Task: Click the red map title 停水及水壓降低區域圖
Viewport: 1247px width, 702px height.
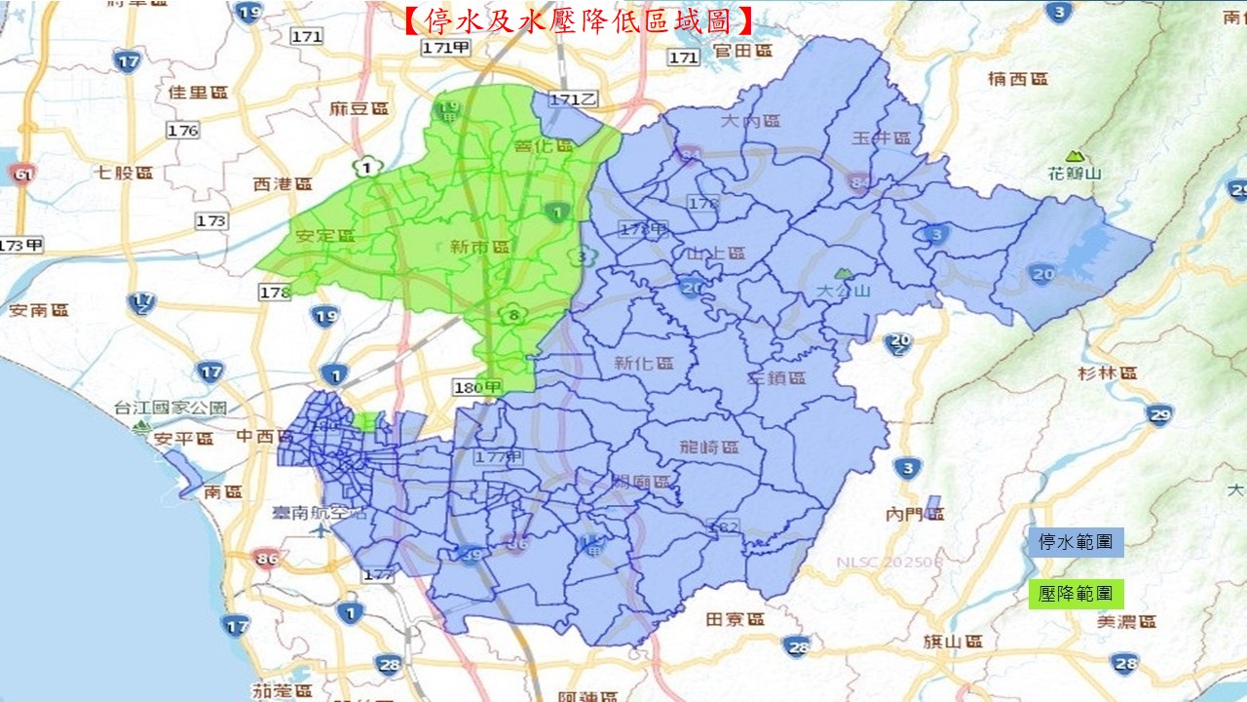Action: [x=579, y=19]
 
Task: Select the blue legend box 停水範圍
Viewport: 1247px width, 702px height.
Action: [x=1076, y=542]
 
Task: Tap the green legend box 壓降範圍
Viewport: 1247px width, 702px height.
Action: [x=1076, y=594]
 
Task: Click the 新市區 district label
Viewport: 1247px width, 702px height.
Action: [x=479, y=248]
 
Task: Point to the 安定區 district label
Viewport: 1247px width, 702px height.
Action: [x=325, y=236]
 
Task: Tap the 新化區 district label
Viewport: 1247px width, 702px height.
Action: [x=644, y=363]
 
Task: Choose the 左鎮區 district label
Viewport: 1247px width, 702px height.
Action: [x=776, y=377]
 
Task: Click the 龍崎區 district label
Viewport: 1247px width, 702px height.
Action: [x=709, y=448]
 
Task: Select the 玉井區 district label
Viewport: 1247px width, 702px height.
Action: [x=881, y=138]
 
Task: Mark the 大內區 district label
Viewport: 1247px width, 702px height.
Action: [x=751, y=121]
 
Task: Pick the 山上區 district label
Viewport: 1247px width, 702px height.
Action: [x=716, y=253]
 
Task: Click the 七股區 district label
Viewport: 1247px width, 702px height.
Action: [x=125, y=174]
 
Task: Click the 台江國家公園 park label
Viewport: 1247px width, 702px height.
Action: [x=170, y=408]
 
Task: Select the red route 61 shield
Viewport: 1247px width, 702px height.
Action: [x=19, y=175]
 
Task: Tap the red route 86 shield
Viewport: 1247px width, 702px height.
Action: [x=264, y=559]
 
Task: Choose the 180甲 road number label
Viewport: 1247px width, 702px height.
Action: [x=477, y=388]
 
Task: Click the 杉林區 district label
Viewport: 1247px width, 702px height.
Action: [x=1108, y=373]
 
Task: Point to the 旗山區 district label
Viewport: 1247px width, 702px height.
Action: [x=952, y=642]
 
